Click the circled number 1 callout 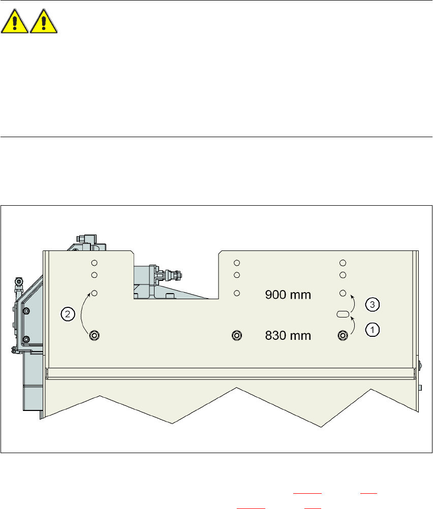tap(373, 329)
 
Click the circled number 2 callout tap(67, 314)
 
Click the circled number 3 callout tap(373, 305)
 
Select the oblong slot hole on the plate tap(343, 314)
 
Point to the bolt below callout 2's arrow tap(95, 335)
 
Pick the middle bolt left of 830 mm tap(236, 335)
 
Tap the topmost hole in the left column tap(95, 263)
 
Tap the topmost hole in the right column tap(343, 263)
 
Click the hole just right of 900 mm tap(343, 293)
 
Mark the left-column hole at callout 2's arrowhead tap(95, 293)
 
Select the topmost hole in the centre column tap(236, 263)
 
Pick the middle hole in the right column tap(343, 275)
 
